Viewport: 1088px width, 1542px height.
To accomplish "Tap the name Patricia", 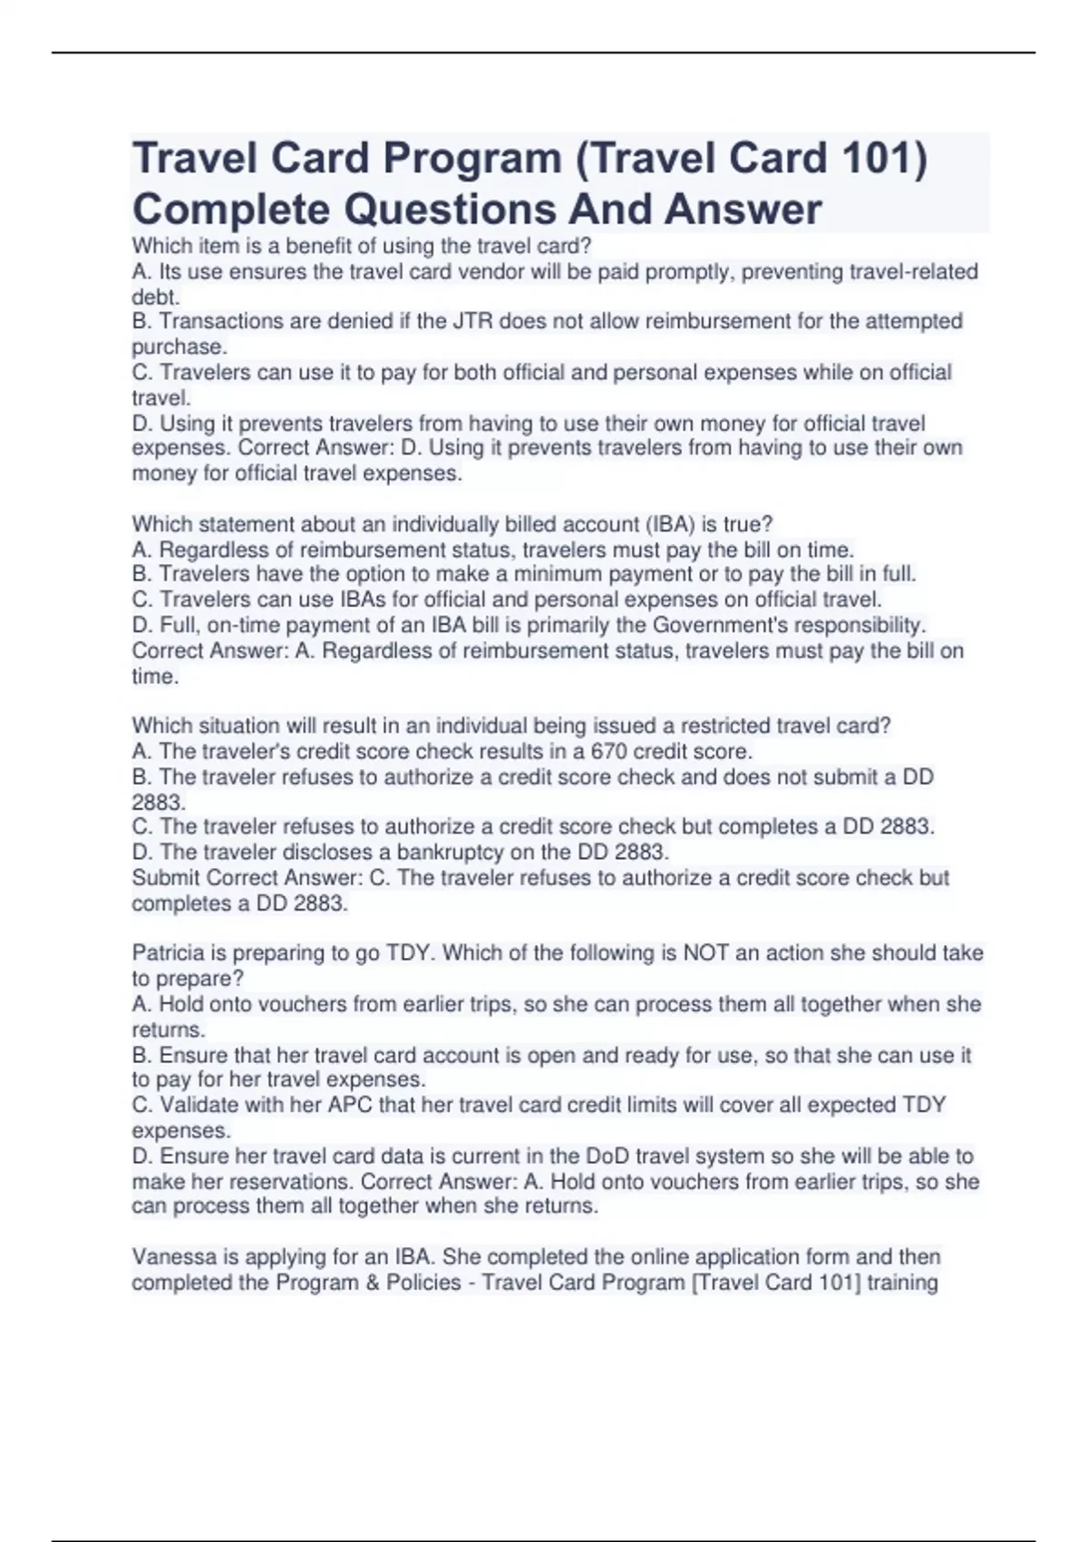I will (x=169, y=952).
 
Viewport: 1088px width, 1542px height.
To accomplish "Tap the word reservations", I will (x=295, y=1181).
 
